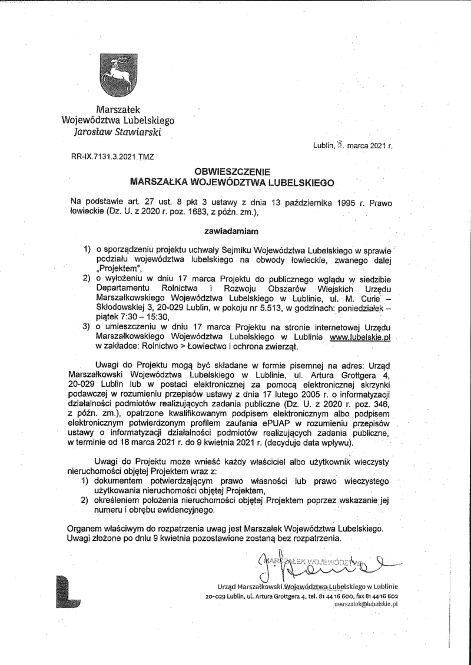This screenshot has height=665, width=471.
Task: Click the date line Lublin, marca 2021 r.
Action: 353,145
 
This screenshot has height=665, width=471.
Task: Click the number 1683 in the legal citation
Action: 200,212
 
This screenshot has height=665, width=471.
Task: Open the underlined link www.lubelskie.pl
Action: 361,337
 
